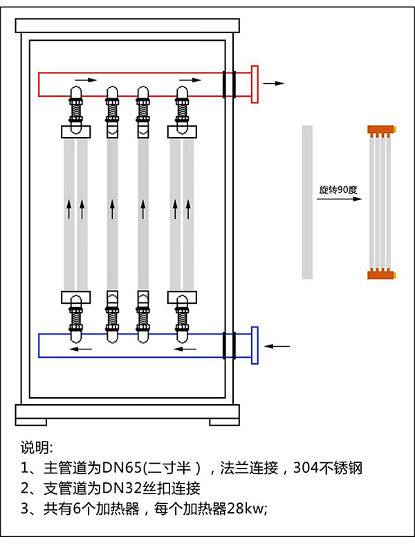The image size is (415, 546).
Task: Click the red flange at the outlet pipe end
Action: [x=255, y=84]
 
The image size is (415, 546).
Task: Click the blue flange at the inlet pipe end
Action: [x=255, y=345]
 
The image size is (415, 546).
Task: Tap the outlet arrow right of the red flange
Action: [x=274, y=83]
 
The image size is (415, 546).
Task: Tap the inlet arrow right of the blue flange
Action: [x=279, y=345]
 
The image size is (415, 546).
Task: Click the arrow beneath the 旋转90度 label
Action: [x=339, y=199]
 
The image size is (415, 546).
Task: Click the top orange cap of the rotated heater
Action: [x=380, y=129]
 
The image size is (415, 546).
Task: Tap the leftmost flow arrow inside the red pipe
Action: [x=86, y=80]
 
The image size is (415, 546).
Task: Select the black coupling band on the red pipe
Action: [x=229, y=84]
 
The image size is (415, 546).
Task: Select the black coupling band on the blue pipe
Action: [x=229, y=345]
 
